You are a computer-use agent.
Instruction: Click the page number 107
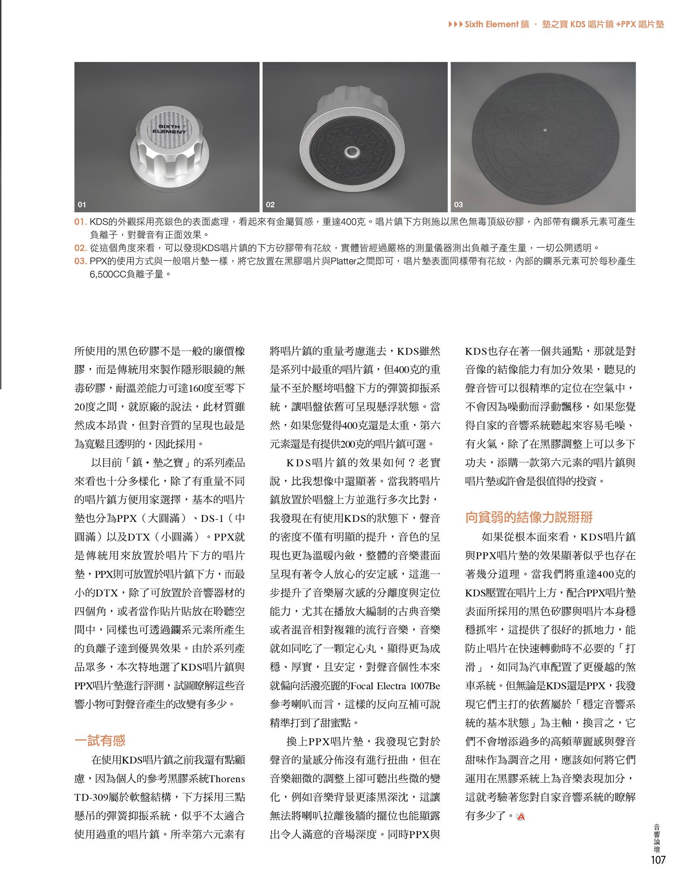pyautogui.click(x=657, y=860)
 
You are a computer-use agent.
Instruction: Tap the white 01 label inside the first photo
pyautogui.click(x=82, y=205)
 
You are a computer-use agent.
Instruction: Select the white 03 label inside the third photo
pyautogui.click(x=458, y=205)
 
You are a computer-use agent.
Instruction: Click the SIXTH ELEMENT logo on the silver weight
pyautogui.click(x=169, y=129)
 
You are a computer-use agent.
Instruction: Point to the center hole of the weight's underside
pyautogui.click(x=351, y=151)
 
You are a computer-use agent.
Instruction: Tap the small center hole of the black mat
pyautogui.click(x=543, y=130)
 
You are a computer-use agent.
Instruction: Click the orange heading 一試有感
pyautogui.click(x=100, y=740)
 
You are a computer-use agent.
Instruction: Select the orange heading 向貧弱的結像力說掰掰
pyautogui.click(x=529, y=517)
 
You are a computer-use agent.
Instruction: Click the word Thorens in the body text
pyautogui.click(x=227, y=779)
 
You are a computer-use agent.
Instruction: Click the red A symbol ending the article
pyautogui.click(x=521, y=816)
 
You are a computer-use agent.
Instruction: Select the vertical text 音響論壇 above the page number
pyautogui.click(x=657, y=838)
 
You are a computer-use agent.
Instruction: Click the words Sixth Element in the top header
pyautogui.click(x=491, y=25)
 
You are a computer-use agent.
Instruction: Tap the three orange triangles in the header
pyautogui.click(x=455, y=25)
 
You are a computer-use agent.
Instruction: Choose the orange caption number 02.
pyautogui.click(x=80, y=248)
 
